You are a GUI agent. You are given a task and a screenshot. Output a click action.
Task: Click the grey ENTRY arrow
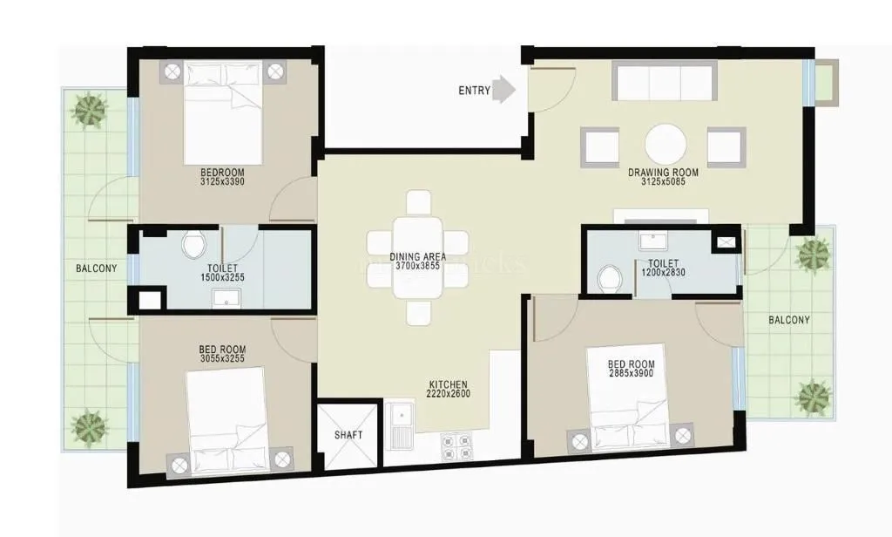point(504,90)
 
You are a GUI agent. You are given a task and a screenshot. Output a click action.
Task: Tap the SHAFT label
point(348,435)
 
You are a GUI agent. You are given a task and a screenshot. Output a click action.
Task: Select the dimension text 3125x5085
point(663,183)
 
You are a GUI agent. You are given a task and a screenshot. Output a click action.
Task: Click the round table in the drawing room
point(665,146)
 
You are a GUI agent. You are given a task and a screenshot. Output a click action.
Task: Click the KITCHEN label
point(448,384)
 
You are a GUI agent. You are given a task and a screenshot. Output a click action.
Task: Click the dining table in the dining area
point(417,258)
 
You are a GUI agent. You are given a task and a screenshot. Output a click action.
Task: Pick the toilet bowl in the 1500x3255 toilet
point(192,245)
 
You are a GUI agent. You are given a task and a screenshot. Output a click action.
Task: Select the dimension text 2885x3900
point(631,373)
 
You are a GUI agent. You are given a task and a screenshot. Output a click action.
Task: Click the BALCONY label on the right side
point(788,320)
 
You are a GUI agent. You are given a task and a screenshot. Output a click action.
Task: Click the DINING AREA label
point(417,256)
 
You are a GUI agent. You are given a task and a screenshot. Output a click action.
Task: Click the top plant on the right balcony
point(814,255)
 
